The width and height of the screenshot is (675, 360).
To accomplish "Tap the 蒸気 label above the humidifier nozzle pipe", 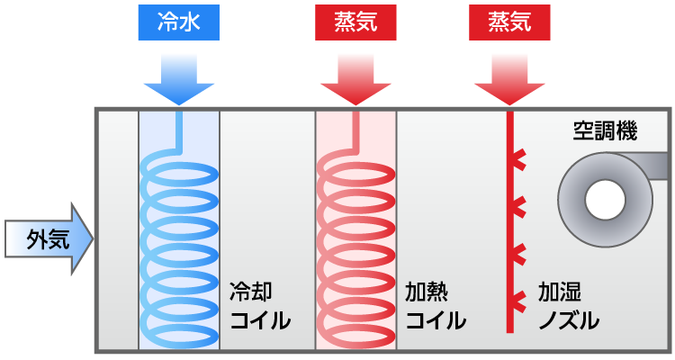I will click(509, 22).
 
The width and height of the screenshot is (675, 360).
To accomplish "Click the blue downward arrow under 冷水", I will click(179, 81).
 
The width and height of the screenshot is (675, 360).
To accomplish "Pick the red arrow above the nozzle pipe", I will click(509, 81).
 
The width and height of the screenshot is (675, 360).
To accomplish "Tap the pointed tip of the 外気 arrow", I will click(90, 238).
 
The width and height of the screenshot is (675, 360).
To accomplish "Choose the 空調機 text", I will click(605, 132).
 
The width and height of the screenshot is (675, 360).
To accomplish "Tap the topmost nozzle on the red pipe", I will click(519, 162).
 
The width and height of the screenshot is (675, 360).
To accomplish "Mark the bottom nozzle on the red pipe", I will click(519, 299).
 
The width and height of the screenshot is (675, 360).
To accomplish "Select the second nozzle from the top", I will click(519, 209).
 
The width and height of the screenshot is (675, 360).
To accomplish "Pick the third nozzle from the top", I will click(519, 254).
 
